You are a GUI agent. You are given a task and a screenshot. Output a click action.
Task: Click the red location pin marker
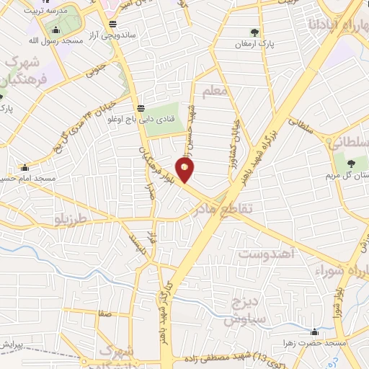(185, 169)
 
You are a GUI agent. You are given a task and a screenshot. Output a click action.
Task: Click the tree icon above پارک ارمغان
(254, 32)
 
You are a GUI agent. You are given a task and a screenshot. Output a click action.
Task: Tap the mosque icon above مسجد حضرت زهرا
(314, 332)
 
